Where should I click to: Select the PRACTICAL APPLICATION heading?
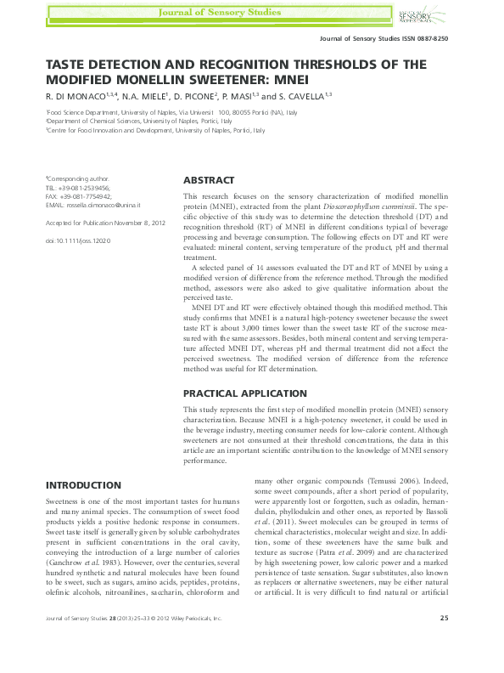(x=245, y=393)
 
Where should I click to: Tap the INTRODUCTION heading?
(x=82, y=485)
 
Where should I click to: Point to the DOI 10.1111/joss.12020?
(x=78, y=241)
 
